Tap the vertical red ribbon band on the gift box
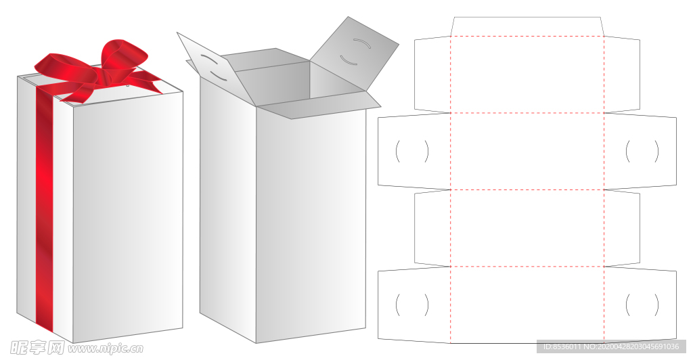click(44, 208)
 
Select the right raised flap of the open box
click(353, 53)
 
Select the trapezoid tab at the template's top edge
click(527, 26)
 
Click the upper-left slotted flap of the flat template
click(413, 150)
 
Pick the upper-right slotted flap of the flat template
click(640, 150)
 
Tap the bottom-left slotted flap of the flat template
click(413, 304)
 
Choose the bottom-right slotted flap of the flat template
click(640, 304)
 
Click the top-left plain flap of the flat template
click(432, 74)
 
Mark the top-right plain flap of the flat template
click(622, 74)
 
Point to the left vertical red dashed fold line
click(450, 189)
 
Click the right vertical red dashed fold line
click(604, 189)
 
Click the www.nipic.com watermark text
click(106, 348)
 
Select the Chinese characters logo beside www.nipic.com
click(37, 348)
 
